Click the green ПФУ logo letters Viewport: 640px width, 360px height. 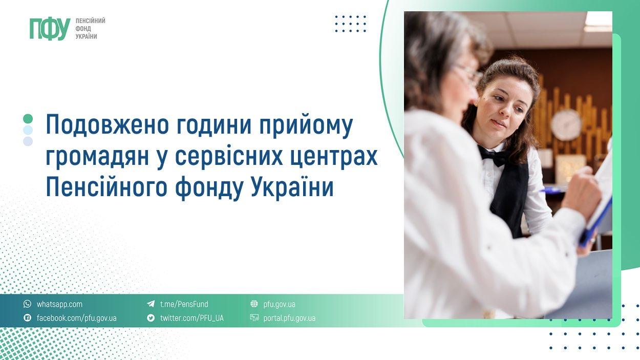point(49,29)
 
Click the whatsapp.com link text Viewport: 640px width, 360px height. point(59,304)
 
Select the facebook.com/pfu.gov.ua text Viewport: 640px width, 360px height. point(76,318)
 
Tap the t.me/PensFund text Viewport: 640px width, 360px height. point(184,304)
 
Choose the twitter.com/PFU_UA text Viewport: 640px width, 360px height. point(191,318)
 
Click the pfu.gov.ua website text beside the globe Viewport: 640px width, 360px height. point(279,304)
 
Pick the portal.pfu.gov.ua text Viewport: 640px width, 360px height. point(289,318)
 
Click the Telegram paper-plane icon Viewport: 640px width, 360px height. point(151,304)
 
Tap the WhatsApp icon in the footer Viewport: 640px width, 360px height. point(27,304)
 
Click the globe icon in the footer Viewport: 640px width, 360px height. point(254,304)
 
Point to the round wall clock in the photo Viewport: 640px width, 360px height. point(566,124)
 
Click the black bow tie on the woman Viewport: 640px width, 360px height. point(494,156)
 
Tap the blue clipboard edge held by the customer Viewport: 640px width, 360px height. point(597,221)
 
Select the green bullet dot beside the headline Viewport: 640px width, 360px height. point(28,119)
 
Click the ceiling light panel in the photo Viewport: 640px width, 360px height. point(598,21)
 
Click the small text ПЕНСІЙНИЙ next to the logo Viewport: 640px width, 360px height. point(90,21)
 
